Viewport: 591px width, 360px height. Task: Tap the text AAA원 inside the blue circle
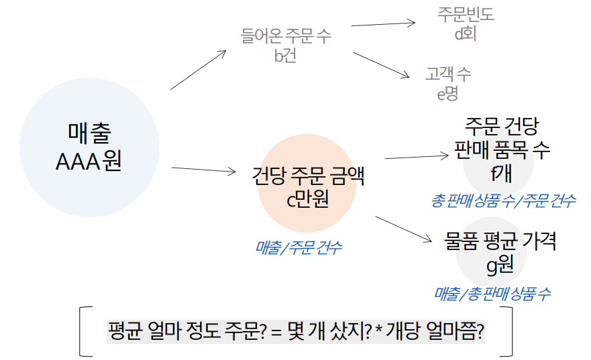point(89,162)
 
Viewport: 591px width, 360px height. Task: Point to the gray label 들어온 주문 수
point(286,36)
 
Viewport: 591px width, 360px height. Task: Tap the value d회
point(465,34)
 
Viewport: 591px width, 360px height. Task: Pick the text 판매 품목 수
point(502,149)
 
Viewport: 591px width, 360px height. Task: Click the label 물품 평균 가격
point(500,241)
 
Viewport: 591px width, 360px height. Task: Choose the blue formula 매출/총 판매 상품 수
point(493,292)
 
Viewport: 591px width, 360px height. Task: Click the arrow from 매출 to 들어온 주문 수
point(199,70)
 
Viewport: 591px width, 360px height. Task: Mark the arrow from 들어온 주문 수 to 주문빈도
point(382,24)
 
